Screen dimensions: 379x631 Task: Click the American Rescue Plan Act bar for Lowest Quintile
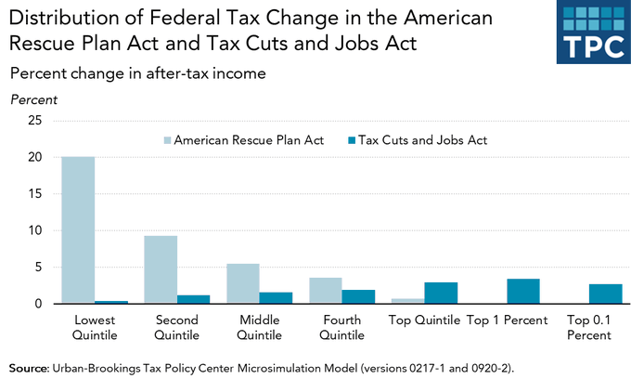pos(78,230)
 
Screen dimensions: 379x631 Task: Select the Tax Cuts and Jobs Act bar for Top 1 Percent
pos(522,291)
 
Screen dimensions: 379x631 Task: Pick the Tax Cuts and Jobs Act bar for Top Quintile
pos(441,293)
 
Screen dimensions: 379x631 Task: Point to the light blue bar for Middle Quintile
pos(243,283)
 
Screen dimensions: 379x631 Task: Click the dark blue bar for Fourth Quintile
pos(358,296)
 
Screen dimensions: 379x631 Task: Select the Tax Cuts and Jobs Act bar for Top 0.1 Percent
pos(605,294)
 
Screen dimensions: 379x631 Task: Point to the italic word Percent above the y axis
pos(33,98)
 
